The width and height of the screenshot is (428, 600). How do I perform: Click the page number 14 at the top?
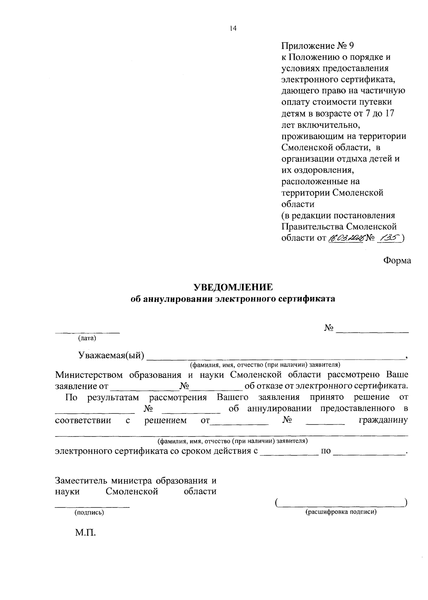click(233, 29)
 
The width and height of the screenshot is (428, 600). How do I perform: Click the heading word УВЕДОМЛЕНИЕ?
click(233, 287)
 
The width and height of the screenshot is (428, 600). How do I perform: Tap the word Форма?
click(397, 260)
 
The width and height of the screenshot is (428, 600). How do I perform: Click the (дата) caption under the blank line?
click(87, 338)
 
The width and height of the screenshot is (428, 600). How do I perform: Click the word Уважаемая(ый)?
click(111, 355)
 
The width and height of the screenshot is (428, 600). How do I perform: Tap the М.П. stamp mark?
click(86, 533)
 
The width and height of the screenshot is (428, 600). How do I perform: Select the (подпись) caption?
click(89, 512)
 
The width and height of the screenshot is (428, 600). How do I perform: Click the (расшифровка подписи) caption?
click(341, 512)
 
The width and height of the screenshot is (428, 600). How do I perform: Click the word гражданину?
click(383, 421)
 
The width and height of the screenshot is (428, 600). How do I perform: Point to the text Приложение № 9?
click(317, 46)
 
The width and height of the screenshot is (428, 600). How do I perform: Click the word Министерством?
click(89, 375)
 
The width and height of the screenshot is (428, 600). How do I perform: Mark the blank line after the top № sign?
click(372, 332)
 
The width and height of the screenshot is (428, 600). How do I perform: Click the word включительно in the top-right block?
click(327, 125)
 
